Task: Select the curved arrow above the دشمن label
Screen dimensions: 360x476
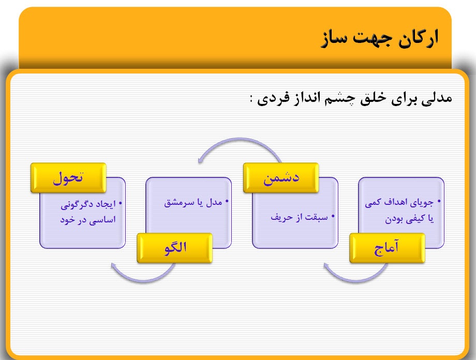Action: pos(237,145)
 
